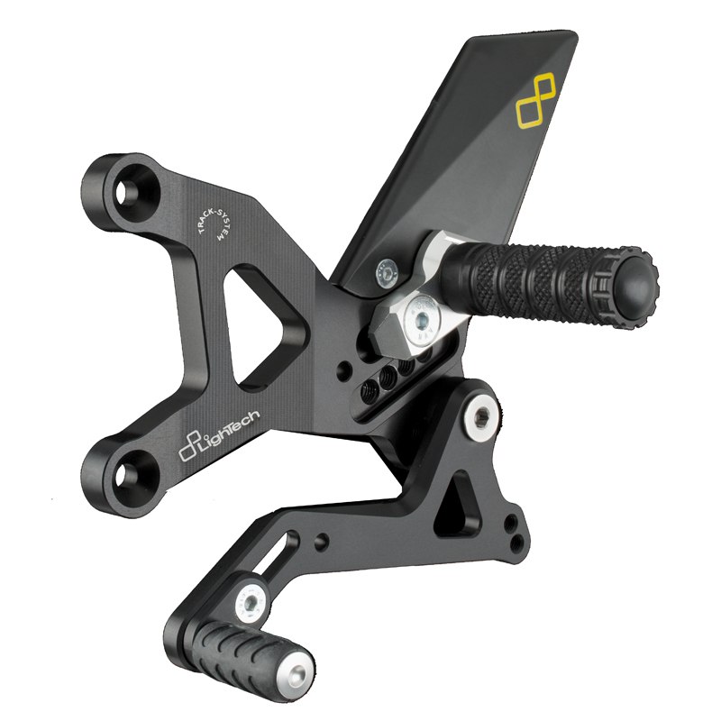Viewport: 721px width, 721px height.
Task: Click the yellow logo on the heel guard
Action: [x=535, y=101]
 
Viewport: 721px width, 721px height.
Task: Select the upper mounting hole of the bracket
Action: [x=125, y=193]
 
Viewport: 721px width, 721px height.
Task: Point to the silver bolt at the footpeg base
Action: [x=421, y=317]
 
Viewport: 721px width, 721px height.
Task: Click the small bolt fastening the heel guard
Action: [x=388, y=273]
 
